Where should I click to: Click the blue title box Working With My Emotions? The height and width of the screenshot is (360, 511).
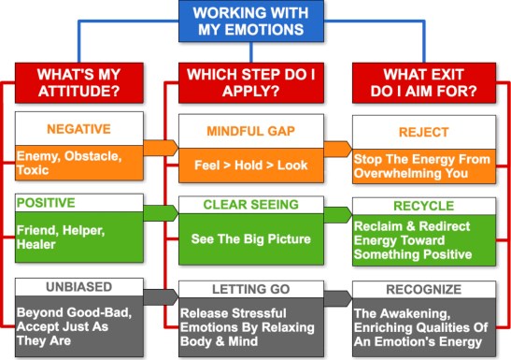click(255, 21)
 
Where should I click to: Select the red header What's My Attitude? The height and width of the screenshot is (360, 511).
click(78, 82)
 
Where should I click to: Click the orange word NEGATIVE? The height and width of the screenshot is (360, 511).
click(78, 128)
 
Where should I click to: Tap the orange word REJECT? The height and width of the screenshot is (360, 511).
click(422, 132)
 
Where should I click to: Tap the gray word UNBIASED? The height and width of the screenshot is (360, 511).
click(78, 288)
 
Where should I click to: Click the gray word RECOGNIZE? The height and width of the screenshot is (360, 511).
click(423, 291)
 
